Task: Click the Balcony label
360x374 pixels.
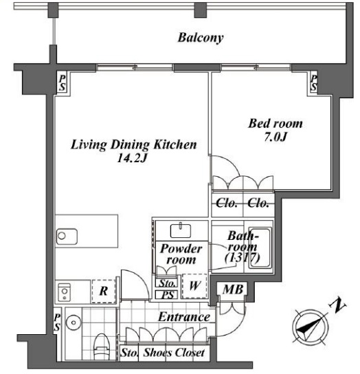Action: tap(200, 38)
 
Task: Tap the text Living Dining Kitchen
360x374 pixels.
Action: tap(135, 145)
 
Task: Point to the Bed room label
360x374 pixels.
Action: tap(274, 124)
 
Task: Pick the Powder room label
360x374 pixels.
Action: tap(181, 254)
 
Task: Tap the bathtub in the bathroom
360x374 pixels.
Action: tap(262, 247)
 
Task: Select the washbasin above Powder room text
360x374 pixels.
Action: tap(183, 229)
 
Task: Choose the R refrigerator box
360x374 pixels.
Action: tap(102, 291)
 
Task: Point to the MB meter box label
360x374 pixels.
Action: tap(230, 289)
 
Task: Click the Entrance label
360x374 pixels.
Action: tap(183, 317)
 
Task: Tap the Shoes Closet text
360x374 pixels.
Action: tap(172, 353)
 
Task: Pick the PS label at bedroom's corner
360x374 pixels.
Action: tap(314, 84)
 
